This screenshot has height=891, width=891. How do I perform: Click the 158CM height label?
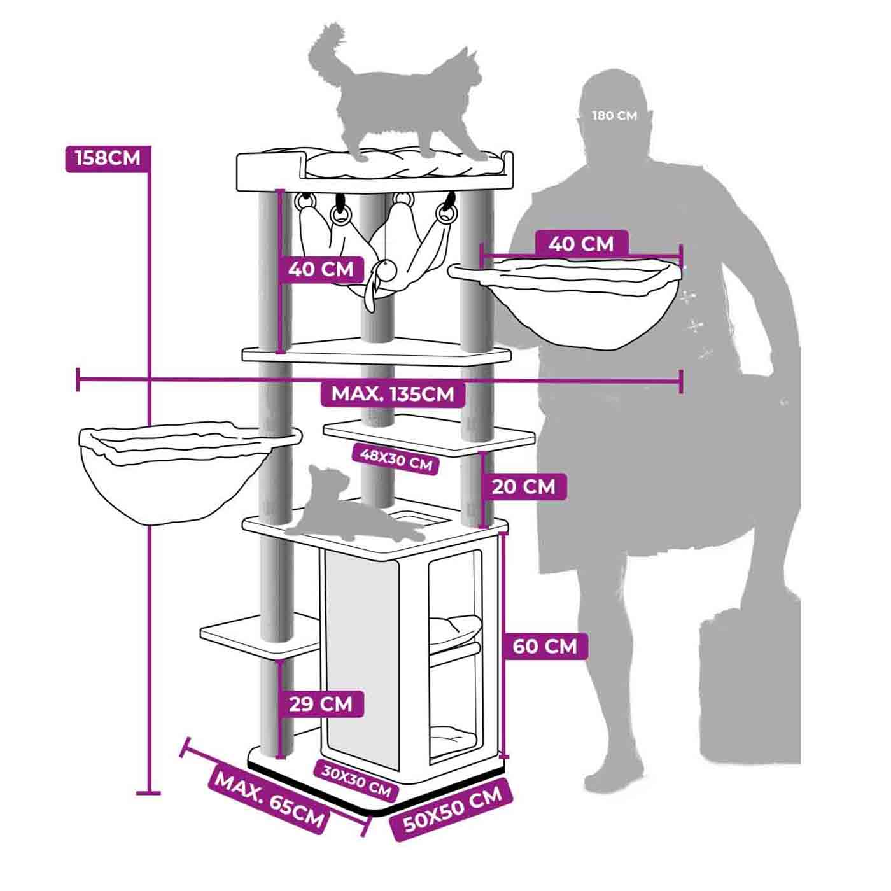pos(108,158)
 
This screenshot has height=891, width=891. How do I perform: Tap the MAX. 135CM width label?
pos(393,394)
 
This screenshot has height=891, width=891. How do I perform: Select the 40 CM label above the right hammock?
pos(581,244)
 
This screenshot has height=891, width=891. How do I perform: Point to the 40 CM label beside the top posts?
pos(321,269)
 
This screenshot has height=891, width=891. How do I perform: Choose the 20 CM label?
pos(523,487)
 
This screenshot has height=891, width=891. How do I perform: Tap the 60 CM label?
pos(545,646)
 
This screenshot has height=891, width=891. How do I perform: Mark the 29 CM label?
pos(321,704)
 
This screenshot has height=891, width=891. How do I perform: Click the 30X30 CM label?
pos(356,781)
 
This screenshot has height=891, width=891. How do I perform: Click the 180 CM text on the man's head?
pos(614,115)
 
